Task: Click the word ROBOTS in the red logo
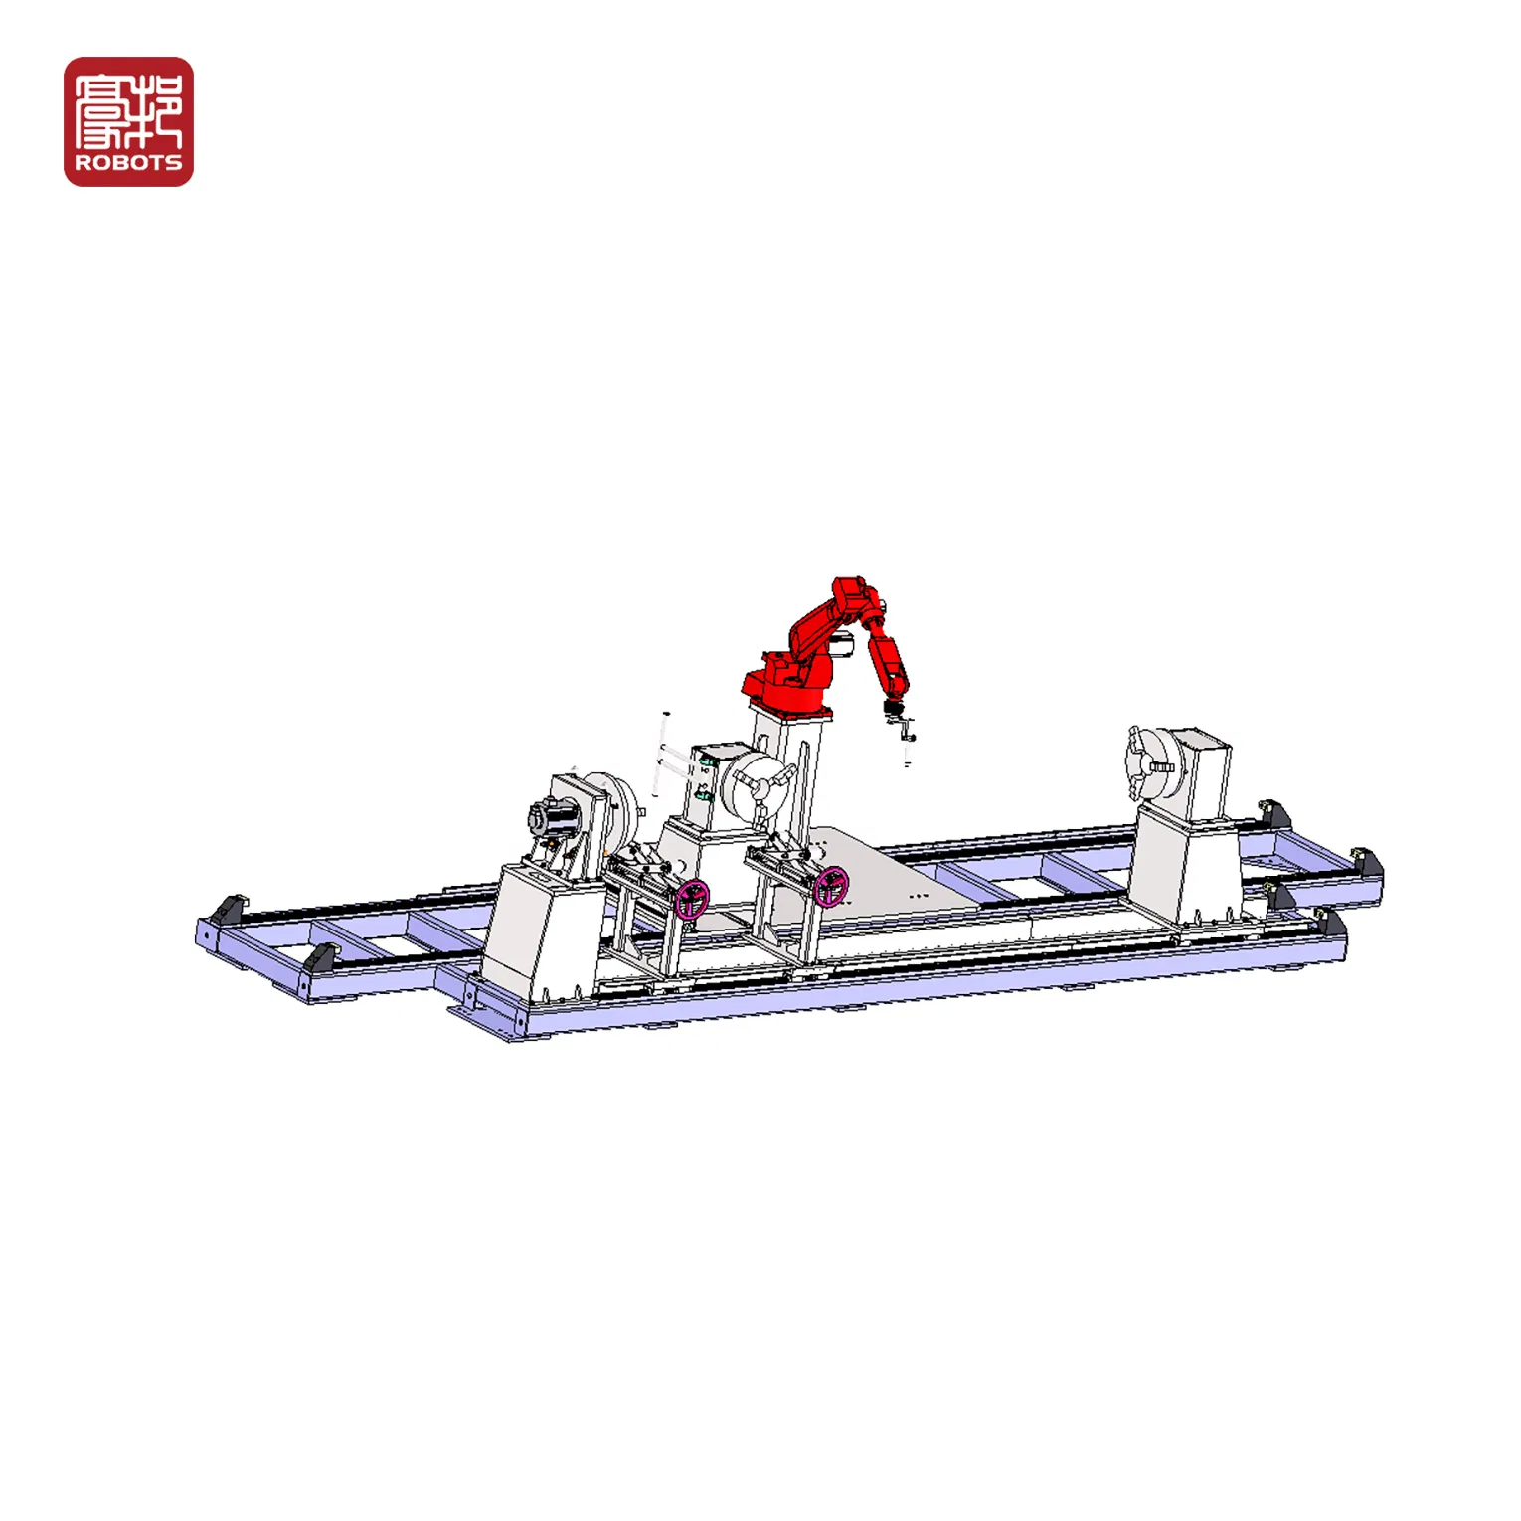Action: point(128,163)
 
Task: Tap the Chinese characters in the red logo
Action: point(128,109)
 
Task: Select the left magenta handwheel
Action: point(693,899)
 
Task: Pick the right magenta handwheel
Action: point(831,886)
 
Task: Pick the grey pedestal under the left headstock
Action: point(542,929)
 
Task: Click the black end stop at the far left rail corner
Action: point(228,909)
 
